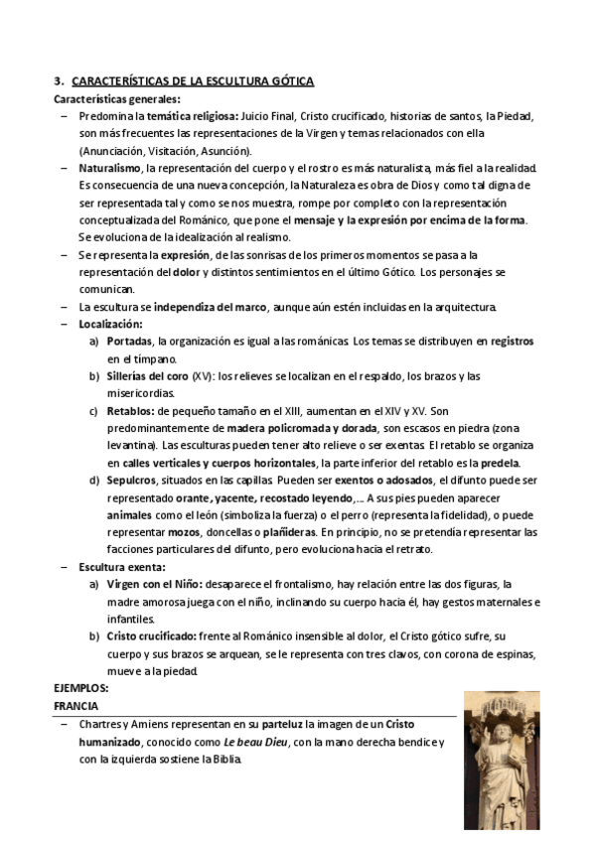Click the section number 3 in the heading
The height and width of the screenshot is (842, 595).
pyautogui.click(x=58, y=82)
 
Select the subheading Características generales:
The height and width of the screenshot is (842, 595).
pyautogui.click(x=117, y=99)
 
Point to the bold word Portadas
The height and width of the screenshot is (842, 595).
pyautogui.click(x=131, y=341)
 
